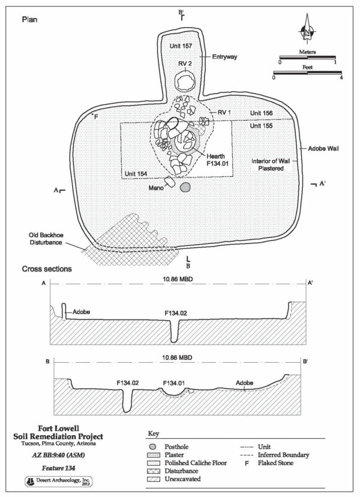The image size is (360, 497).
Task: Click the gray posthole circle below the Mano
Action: tap(185, 188)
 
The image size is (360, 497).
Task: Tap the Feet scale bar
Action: tap(307, 73)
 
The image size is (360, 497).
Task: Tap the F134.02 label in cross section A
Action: tap(174, 312)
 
